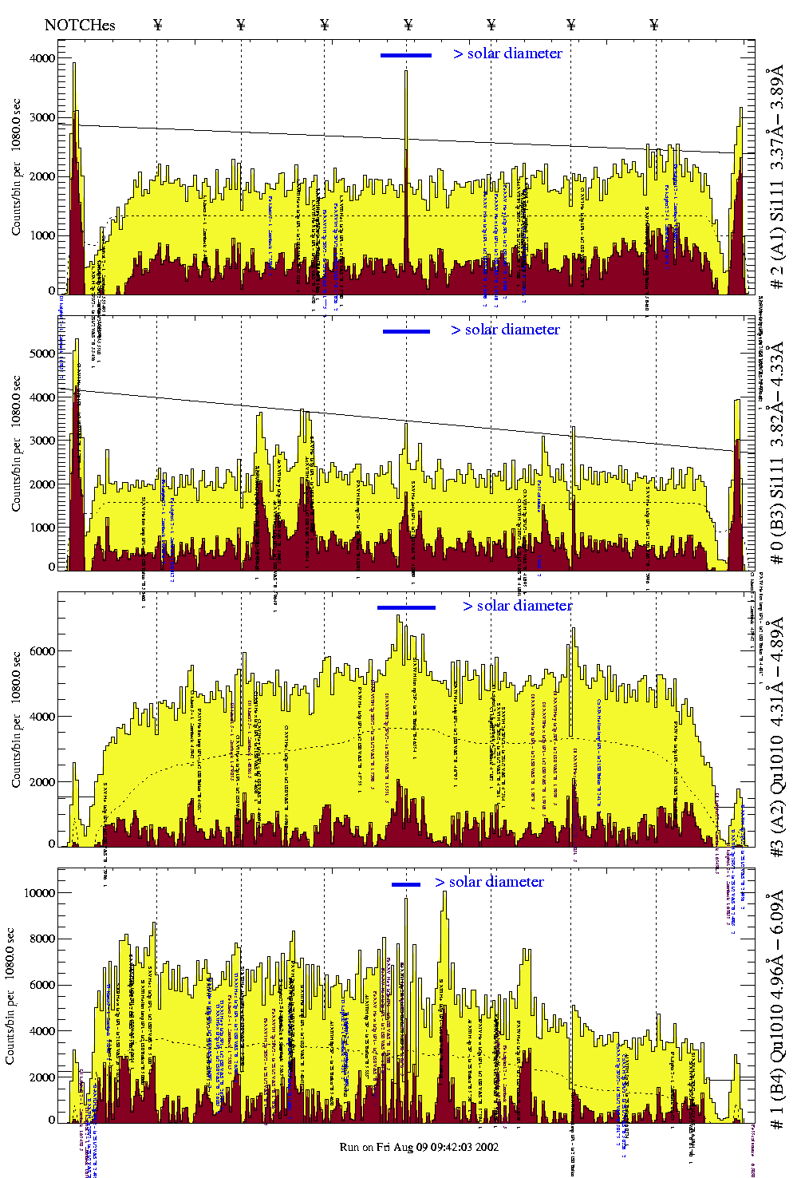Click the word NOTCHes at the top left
[x=80, y=25]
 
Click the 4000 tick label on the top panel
[x=41, y=58]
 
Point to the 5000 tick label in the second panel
[x=41, y=354]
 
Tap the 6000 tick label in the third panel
[x=41, y=651]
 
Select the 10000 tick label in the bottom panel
[x=39, y=893]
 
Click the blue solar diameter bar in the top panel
[x=406, y=55]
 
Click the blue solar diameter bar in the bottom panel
[x=406, y=884]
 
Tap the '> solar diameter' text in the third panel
[x=517, y=606]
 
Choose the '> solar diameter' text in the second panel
[x=505, y=330]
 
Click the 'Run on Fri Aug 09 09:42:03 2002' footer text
[x=419, y=1147]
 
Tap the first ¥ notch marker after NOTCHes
[x=157, y=25]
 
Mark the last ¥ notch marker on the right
[x=654, y=25]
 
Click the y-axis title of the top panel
[x=16, y=168]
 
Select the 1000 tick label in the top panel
[x=41, y=235]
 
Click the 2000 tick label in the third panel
[x=41, y=782]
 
